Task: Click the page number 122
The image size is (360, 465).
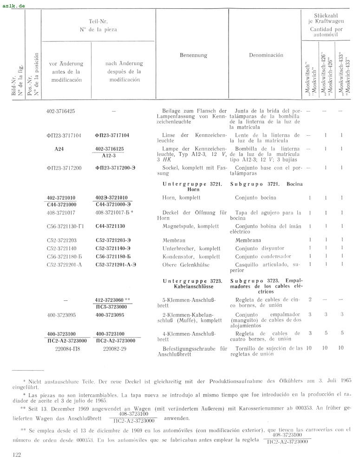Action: pyautogui.click(x=18, y=454)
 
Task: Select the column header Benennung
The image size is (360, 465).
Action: pyautogui.click(x=193, y=55)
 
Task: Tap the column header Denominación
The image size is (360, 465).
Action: pyautogui.click(x=266, y=55)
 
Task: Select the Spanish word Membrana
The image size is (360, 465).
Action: pyautogui.click(x=248, y=240)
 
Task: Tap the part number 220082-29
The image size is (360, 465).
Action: pyautogui.click(x=112, y=347)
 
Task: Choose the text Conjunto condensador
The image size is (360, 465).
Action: pyautogui.click(x=263, y=256)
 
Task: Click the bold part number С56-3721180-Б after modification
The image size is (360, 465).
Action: pyautogui.click(x=113, y=256)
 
